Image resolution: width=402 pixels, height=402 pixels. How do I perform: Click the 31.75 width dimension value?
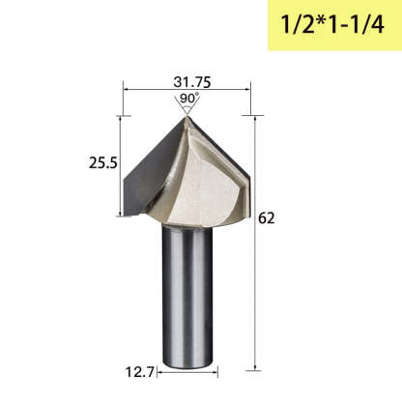point(192,82)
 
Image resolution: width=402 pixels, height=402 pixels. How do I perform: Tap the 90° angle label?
point(189,98)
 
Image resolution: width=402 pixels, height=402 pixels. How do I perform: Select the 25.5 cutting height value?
point(103,163)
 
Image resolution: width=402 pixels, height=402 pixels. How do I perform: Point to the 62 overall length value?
point(267,218)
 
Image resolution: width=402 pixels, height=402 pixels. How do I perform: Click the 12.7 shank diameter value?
point(140,372)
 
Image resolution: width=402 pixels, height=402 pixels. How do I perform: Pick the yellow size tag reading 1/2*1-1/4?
point(335,25)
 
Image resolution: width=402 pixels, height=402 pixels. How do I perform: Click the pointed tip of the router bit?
point(187,117)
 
